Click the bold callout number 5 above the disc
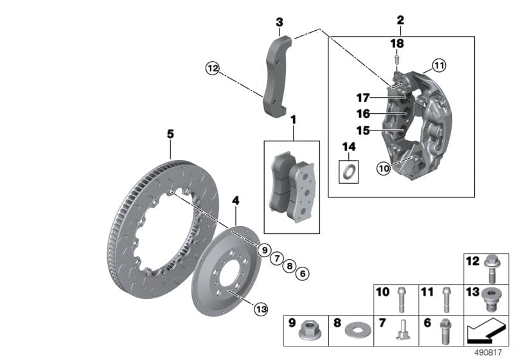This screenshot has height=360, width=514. pyautogui.click(x=170, y=134)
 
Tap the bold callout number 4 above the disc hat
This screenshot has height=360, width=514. pyautogui.click(x=236, y=201)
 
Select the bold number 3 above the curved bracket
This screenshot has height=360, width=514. pyautogui.click(x=279, y=22)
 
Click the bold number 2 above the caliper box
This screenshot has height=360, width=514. pyautogui.click(x=400, y=21)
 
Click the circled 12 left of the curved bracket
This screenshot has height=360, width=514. pyautogui.click(x=212, y=67)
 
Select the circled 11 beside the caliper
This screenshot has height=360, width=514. pyautogui.click(x=438, y=65)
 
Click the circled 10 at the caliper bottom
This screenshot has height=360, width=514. pyautogui.click(x=384, y=168)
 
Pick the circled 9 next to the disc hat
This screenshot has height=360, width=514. pyautogui.click(x=263, y=249)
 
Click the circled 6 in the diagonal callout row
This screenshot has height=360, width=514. pyautogui.click(x=303, y=273)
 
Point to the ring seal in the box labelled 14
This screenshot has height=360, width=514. pyautogui.click(x=349, y=172)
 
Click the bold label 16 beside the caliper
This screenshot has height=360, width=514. pyautogui.click(x=364, y=114)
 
